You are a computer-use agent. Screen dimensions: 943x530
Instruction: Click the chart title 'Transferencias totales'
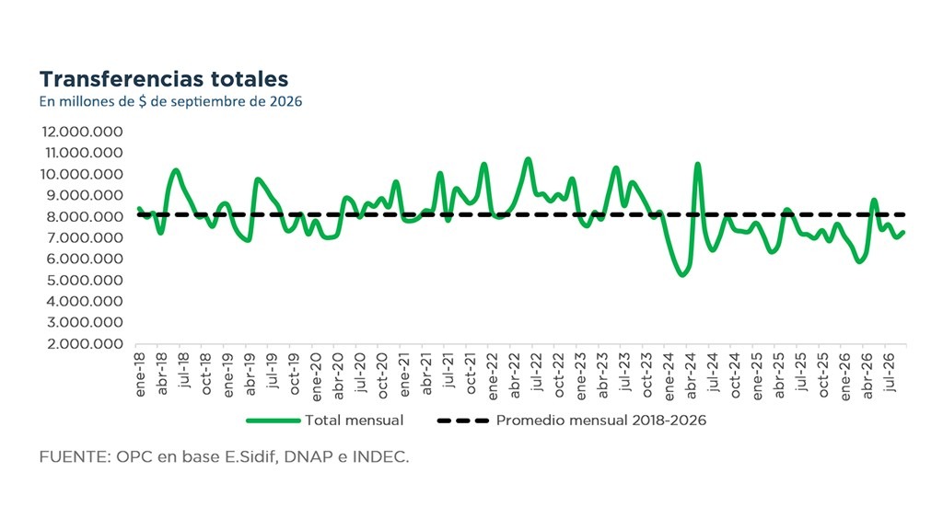164,79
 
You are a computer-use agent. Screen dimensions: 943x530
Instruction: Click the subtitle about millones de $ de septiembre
170,101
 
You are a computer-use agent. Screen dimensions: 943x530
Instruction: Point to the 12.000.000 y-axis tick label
82,132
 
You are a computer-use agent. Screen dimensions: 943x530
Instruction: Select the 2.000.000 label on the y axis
82,344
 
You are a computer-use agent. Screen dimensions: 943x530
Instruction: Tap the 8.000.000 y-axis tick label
82,216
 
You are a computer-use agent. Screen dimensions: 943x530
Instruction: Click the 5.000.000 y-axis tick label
82,280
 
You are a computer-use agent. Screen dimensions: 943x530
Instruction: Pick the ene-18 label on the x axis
141,375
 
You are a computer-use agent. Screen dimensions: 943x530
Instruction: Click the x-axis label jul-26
891,373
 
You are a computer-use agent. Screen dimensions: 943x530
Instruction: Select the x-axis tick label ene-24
670,375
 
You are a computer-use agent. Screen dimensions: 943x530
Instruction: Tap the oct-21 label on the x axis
471,374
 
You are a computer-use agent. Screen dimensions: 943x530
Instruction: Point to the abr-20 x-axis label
339,375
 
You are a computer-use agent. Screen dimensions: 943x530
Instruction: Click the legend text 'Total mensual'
355,420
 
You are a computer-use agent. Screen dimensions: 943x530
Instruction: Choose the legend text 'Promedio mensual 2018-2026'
601,420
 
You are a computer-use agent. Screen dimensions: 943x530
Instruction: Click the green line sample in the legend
273,421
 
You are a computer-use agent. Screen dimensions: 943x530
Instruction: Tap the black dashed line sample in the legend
463,421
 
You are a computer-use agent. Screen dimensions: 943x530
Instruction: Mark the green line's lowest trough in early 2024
681,274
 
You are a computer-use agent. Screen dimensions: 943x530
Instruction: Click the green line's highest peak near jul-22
528,159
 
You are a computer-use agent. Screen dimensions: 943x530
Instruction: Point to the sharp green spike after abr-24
698,164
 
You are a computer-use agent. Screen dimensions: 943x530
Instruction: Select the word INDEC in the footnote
380,457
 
